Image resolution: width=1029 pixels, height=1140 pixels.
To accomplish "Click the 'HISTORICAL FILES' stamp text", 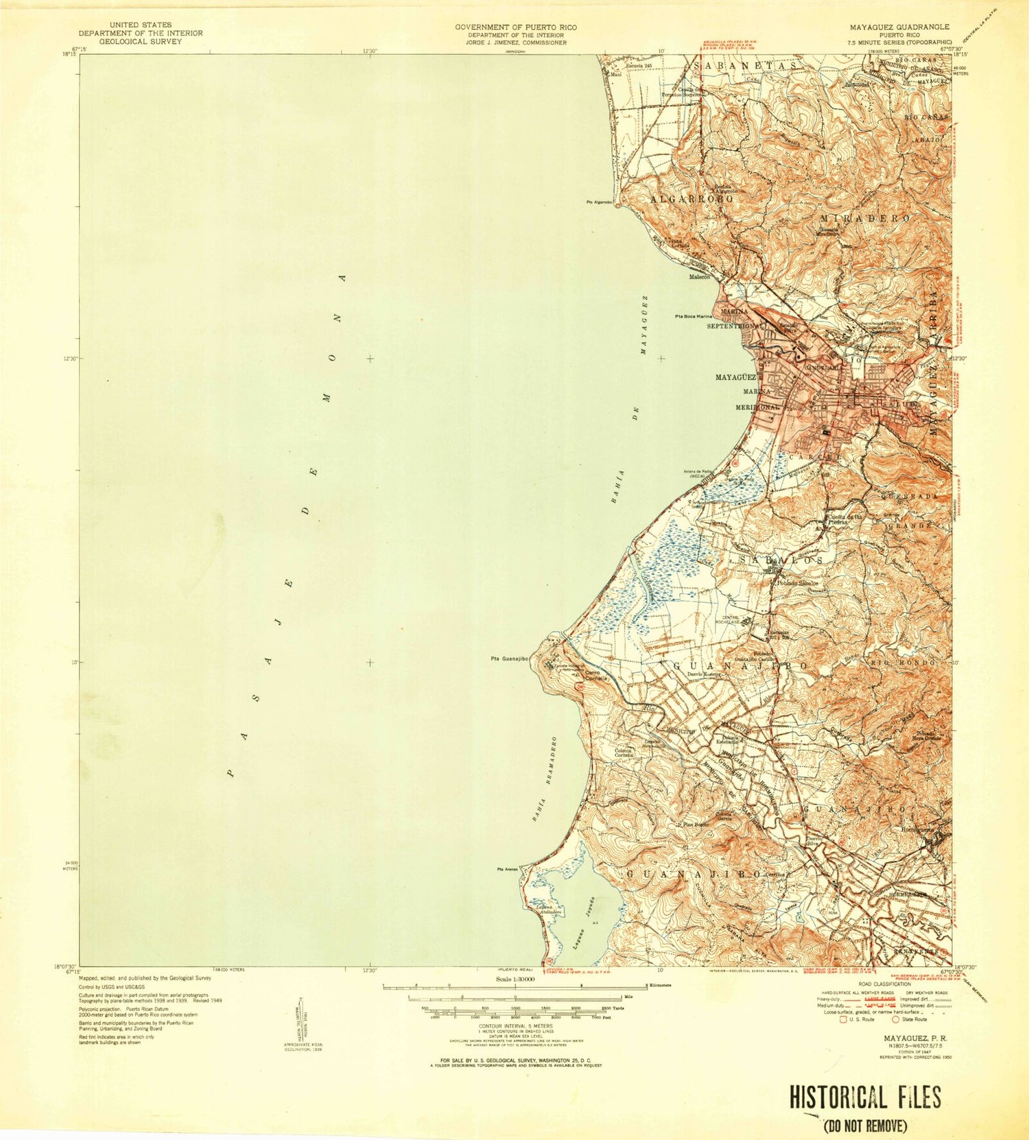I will tap(864, 1097).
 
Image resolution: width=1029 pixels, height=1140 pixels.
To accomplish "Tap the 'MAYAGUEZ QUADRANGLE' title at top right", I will tap(899, 27).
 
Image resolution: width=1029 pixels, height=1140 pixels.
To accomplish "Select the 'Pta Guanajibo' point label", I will tap(509, 659).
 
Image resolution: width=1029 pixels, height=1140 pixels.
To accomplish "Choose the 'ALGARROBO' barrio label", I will tap(688, 199).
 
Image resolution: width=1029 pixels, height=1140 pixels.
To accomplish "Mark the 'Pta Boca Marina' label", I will tap(694, 316).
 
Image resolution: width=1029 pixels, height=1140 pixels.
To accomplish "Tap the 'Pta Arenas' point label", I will tap(508, 870).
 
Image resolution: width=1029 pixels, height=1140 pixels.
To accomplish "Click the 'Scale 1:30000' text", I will tap(514, 979).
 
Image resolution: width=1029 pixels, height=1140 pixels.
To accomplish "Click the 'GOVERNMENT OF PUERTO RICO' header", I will tap(516, 27).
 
